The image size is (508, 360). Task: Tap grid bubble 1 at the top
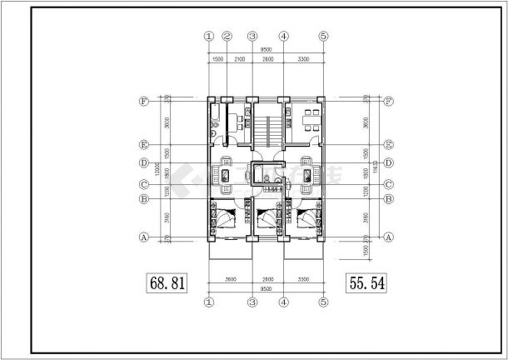point(208,36)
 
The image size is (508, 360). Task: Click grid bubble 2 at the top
point(226,36)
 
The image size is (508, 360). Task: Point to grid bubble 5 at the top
point(324,36)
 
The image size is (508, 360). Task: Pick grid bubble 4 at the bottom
point(283,304)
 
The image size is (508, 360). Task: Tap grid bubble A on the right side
point(387,237)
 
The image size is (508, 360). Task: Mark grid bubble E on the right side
point(387,143)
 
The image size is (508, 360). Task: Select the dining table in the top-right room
point(311,117)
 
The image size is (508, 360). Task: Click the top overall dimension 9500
point(266,50)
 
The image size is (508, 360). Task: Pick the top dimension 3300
point(303,61)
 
